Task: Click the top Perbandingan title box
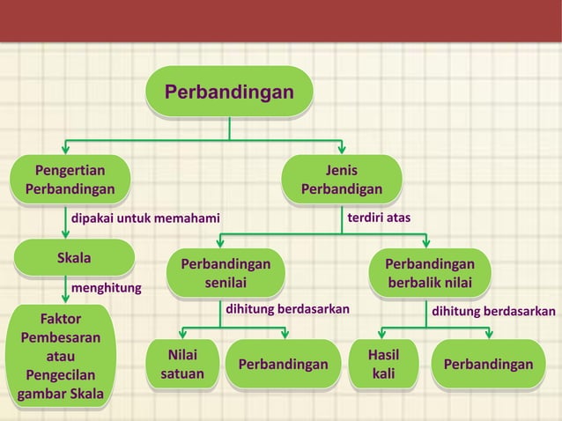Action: [229, 92]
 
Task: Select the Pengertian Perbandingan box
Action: [70, 180]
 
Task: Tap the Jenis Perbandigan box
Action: [342, 180]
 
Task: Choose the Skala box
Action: [74, 259]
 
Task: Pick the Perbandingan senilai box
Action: [226, 273]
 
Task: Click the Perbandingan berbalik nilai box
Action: [430, 273]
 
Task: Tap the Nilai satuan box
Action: [182, 365]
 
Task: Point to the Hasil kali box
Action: [383, 365]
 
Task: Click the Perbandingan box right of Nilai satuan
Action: [277, 365]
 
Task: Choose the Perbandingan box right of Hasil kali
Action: [488, 365]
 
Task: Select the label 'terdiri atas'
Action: [379, 217]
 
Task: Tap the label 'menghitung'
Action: [106, 287]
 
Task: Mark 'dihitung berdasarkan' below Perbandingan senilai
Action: [288, 309]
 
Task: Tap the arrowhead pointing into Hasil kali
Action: [381, 334]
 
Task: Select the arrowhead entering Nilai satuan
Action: [181, 334]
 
